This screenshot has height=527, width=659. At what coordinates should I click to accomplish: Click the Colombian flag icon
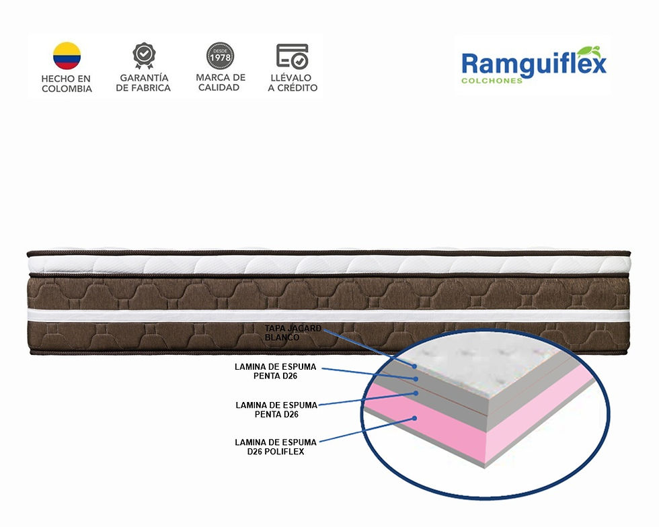pos(67,56)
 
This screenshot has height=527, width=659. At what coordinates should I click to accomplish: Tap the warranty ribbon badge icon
pos(144,56)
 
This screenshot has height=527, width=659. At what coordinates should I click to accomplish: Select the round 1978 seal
pos(221,56)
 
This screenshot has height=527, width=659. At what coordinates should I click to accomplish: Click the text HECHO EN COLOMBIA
pos(67,83)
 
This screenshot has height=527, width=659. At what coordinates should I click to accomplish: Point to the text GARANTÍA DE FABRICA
pos(143,83)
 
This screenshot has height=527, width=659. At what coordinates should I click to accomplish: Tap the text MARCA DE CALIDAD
pos(221,83)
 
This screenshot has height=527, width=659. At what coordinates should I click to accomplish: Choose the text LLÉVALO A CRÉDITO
pos(293,83)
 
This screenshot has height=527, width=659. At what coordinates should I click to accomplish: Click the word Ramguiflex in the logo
pos(534,65)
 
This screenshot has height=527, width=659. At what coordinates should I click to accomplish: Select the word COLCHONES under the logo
pos(492,81)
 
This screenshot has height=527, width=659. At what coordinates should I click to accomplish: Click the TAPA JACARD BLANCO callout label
pos(293,333)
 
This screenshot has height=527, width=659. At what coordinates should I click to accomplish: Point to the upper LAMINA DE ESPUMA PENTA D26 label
pos(275,371)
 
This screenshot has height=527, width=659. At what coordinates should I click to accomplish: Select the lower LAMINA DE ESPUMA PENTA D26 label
pos(276,410)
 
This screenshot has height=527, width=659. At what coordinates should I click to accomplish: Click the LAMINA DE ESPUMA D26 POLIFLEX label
pos(275,447)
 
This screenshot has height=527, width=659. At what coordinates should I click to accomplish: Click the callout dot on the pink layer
pos(414,418)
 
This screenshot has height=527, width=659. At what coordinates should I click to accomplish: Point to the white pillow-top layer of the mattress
pos(329,265)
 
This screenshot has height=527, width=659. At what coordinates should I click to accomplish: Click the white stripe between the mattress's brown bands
pos(329,316)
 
